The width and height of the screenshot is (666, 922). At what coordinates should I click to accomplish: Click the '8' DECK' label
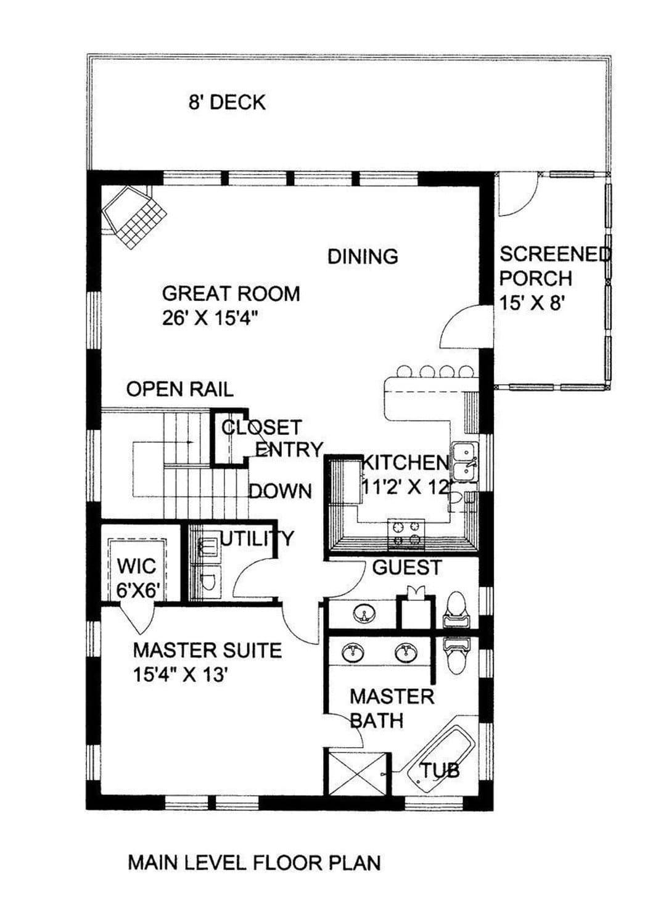tap(227, 102)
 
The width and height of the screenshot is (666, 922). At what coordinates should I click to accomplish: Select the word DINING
tap(363, 256)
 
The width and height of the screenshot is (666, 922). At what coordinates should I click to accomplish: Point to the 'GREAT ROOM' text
tap(231, 294)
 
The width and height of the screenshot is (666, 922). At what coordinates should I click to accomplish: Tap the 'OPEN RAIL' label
tap(180, 389)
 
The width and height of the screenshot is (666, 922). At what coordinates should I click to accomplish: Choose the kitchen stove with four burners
tap(406, 534)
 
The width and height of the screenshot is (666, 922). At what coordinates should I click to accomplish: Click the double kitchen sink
tap(465, 463)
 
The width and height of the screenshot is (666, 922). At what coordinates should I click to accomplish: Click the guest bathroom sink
tap(364, 614)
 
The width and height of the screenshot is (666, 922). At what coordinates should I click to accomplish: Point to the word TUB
tap(440, 770)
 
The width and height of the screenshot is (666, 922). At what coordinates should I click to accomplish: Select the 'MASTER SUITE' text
tap(207, 651)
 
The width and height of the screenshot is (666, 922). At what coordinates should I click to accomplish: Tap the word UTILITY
tap(257, 538)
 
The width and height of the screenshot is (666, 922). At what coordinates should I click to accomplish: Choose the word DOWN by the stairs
tap(280, 491)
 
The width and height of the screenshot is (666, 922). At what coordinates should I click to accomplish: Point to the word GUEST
tap(407, 567)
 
